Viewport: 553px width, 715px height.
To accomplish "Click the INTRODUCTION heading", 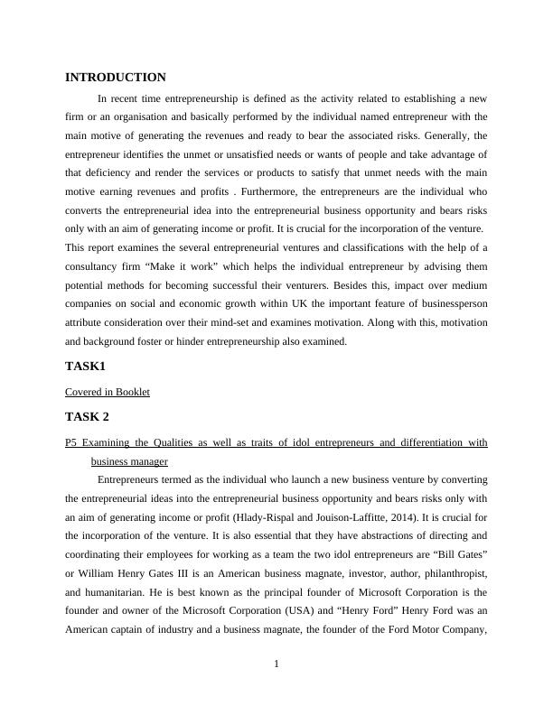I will click(x=116, y=79).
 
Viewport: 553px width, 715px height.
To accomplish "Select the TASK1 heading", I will click(x=87, y=367).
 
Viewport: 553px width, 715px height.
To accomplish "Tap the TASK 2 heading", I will click(x=89, y=417).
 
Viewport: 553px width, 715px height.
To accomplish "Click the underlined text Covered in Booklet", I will click(x=108, y=392).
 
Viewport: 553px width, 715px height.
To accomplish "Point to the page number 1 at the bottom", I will click(x=276, y=664).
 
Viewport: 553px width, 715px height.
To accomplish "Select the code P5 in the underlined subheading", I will click(x=72, y=442).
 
